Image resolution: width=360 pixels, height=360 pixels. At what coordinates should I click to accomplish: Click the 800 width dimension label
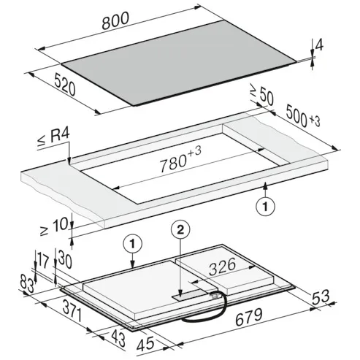tap(115, 20)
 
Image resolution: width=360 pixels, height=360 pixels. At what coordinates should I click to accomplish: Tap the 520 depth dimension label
tap(65, 85)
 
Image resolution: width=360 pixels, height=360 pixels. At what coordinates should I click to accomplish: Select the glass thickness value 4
tap(319, 45)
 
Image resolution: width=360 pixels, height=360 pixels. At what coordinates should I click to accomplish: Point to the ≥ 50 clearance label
tap(261, 94)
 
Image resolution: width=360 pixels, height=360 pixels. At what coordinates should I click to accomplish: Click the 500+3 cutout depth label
tap(303, 116)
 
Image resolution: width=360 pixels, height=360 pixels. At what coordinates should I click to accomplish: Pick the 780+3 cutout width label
tap(180, 159)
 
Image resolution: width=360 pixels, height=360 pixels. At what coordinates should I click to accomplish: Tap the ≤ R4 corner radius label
tap(53, 137)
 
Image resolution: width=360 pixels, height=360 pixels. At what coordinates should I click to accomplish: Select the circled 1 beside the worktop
tap(265, 207)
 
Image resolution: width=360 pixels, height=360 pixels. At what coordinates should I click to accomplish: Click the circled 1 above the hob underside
tap(132, 244)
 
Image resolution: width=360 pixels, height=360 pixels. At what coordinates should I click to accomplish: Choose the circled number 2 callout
tap(180, 230)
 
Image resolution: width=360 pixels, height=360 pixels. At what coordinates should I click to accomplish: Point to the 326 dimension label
tap(223, 267)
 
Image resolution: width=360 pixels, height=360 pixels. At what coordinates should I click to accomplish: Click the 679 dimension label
tap(249, 316)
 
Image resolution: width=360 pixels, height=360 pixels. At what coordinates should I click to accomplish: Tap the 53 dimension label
tap(321, 297)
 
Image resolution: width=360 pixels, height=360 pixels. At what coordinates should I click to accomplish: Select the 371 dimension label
tap(72, 310)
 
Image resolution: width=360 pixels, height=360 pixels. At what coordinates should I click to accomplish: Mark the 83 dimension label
tap(27, 283)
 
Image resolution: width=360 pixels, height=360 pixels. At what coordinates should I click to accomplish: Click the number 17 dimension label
tap(43, 260)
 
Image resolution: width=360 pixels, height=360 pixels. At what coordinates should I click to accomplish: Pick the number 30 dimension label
tap(65, 260)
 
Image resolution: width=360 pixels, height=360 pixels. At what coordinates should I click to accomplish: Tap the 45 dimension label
tap(145, 344)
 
